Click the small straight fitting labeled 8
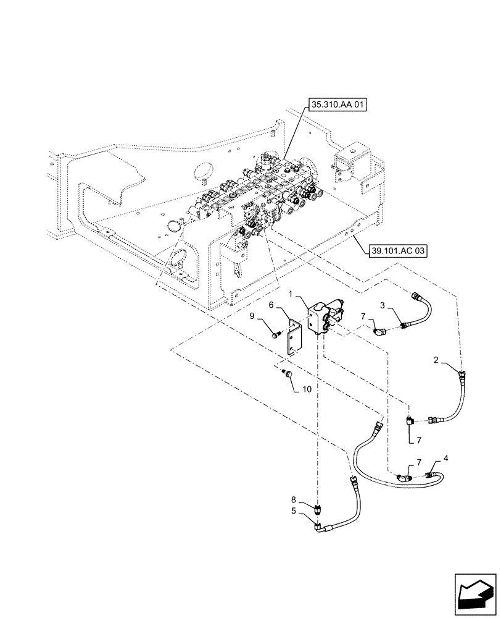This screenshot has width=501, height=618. click(x=318, y=511)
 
